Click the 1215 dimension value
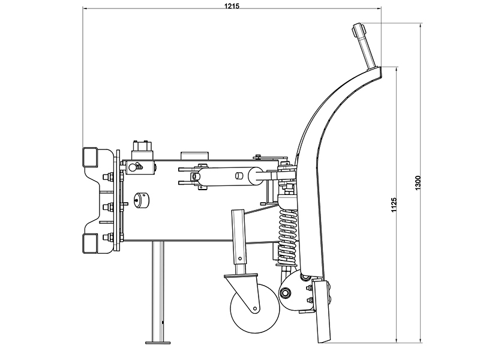(x=232, y=5)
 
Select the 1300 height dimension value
(x=418, y=183)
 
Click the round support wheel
(x=254, y=308)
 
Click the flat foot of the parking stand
(x=158, y=342)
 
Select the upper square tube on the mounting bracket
(x=90, y=157)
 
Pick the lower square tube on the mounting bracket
(x=90, y=244)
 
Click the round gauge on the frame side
(x=142, y=200)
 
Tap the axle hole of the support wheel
(x=254, y=308)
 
